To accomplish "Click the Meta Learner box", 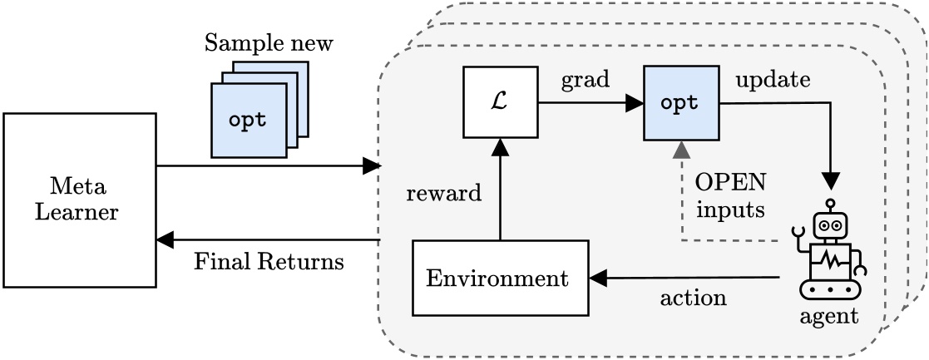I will [80, 200].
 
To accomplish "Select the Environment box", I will [500, 278].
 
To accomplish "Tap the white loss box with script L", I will [500, 102].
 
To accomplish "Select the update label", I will [771, 81].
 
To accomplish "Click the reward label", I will [443, 195].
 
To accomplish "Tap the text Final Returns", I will [269, 263].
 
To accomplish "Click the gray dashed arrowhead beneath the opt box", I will [681, 150].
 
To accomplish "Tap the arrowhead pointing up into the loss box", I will [500, 148].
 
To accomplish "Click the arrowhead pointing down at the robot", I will [829, 181].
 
